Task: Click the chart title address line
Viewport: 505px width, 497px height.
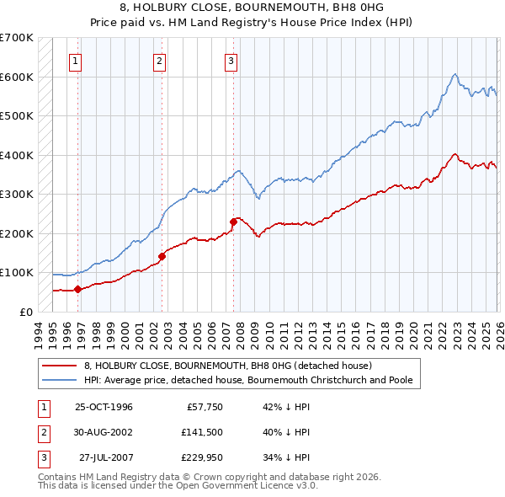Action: (x=252, y=8)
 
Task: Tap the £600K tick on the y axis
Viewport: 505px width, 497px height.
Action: (x=17, y=77)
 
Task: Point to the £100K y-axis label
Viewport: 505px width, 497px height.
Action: (x=17, y=272)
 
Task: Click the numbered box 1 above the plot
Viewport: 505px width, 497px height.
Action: (x=76, y=61)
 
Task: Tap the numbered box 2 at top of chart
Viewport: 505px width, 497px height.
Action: (x=159, y=61)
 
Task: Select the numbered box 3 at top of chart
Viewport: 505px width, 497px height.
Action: (x=231, y=61)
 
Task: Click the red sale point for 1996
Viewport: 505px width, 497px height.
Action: (x=78, y=289)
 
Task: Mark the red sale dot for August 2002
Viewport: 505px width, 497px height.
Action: (x=162, y=256)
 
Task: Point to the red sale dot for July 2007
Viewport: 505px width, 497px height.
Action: (x=232, y=222)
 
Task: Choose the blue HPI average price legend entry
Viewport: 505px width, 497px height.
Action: (x=247, y=380)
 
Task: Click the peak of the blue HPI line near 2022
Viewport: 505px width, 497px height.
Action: (x=454, y=75)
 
